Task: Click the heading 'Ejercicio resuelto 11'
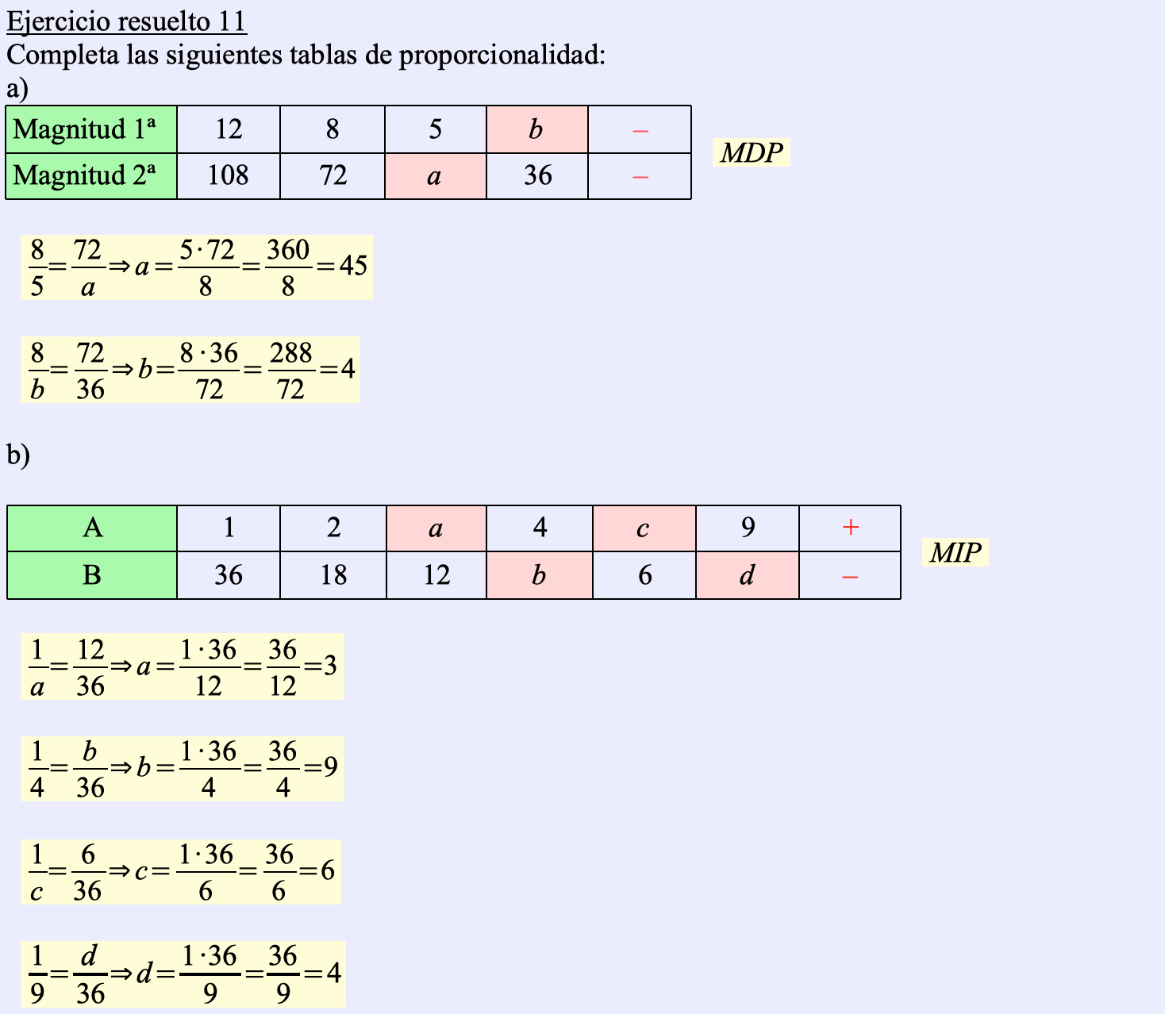pos(126,21)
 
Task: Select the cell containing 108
pos(228,175)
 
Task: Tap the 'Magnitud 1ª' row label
pos(90,129)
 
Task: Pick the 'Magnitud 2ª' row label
pos(90,175)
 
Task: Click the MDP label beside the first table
pos(751,152)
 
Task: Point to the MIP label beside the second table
pos(955,552)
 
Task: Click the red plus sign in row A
pos(850,528)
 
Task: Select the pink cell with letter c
pos(644,528)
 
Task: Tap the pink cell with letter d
pos(747,575)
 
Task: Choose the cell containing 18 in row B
pos(333,575)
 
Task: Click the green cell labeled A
pos(92,528)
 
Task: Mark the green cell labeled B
pos(92,575)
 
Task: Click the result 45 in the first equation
pos(353,266)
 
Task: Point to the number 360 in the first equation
pos(288,250)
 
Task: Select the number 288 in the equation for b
pos(290,352)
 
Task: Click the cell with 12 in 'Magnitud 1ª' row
pos(228,129)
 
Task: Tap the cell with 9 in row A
pos(747,528)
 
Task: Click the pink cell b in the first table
pos(536,129)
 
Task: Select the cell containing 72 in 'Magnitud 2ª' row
pos(333,175)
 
